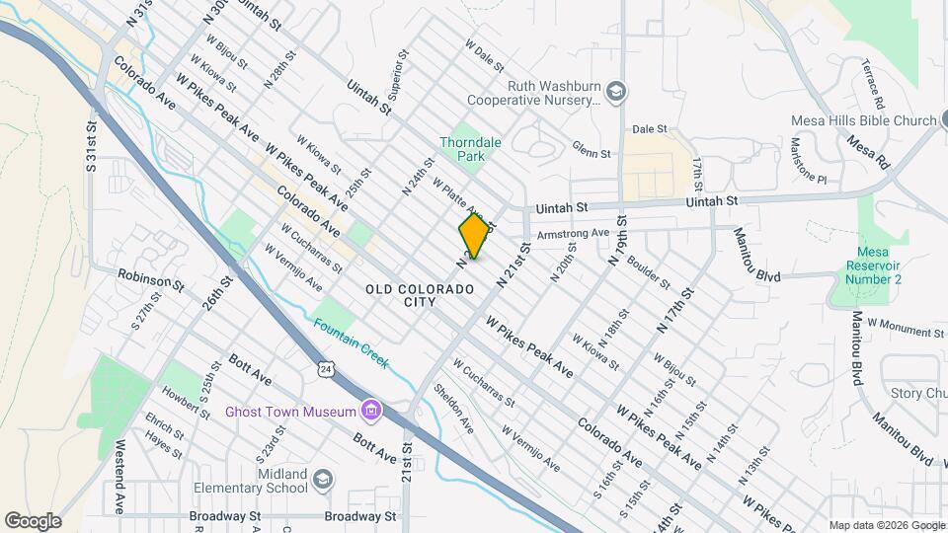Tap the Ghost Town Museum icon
pos(371,410)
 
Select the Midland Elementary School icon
pos(322,481)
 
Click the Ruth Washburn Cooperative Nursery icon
pos(616,92)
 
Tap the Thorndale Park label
pos(470,149)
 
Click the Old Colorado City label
pos(420,295)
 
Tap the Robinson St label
pos(150,280)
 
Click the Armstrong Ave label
pos(573,233)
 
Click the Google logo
pos(33,521)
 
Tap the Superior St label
pos(397,77)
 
